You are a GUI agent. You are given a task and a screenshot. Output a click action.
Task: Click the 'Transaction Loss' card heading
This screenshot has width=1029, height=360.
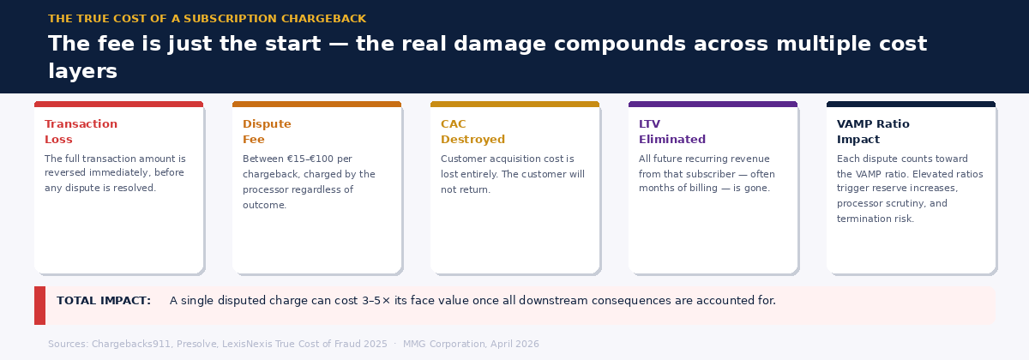click(81, 132)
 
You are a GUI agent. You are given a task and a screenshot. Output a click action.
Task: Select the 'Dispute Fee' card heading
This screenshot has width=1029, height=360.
click(267, 132)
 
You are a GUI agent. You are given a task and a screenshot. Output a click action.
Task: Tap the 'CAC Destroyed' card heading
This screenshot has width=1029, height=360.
click(472, 132)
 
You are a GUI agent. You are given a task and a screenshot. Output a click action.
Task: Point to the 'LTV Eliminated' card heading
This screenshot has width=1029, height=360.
click(671, 132)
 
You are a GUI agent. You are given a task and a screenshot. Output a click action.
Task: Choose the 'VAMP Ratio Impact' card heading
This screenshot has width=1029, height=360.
click(873, 132)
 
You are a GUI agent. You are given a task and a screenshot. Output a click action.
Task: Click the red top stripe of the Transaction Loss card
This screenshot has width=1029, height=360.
click(118, 105)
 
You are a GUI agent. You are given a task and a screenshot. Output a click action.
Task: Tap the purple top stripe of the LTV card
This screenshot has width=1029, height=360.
click(713, 105)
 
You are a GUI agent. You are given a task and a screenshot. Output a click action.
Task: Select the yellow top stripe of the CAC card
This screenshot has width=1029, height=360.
click(514, 105)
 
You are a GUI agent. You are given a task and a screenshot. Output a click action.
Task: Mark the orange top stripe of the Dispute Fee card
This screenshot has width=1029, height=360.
click(316, 105)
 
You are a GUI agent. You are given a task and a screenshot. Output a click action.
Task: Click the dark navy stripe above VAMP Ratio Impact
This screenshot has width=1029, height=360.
click(911, 105)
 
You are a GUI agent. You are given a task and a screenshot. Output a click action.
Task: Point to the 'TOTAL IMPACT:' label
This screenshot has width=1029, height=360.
click(104, 301)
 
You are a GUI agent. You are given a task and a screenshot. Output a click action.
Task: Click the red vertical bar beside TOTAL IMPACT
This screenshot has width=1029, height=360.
click(39, 305)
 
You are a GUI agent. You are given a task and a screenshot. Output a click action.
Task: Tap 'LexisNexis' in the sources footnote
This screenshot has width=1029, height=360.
click(257, 344)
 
